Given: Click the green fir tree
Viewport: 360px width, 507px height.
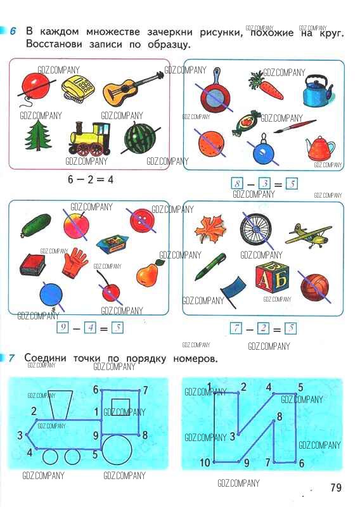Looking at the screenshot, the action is pos(39,136).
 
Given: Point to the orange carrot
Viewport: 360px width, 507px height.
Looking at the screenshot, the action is pos(266,85).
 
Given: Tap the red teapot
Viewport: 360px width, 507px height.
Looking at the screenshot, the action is pos(320,149).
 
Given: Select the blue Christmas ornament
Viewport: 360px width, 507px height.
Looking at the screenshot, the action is pos(263,150).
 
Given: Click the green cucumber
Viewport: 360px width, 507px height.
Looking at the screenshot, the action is pos(36,225).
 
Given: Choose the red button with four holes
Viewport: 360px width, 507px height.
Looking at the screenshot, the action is pos(142,221).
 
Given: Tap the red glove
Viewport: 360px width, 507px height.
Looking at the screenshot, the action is pos(74,262).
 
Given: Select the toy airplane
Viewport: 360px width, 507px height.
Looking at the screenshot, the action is pos(308,236).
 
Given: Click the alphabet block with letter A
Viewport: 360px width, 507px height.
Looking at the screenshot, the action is pos(272,276).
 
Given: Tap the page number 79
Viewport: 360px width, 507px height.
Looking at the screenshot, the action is pos(336,487).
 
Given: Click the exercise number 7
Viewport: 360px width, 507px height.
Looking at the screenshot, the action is pos(11,358).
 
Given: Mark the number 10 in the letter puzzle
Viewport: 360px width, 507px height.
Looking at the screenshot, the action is pos(205,463).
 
